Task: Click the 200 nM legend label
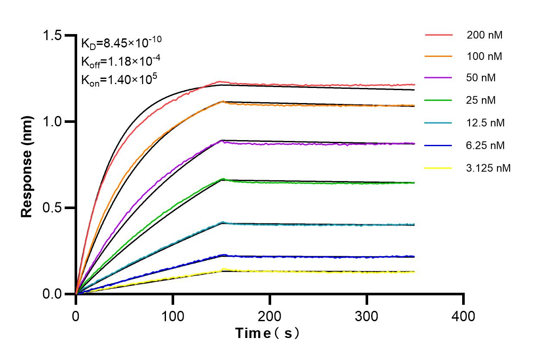coord(485,35)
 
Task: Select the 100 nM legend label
coord(485,56)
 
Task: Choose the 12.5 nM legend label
coord(485,123)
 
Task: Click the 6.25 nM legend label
coord(485,145)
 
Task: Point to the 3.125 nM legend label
coord(488,168)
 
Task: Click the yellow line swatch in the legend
coord(438,168)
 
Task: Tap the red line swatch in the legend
coord(438,34)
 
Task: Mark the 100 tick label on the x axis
coord(172,316)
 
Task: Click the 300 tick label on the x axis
coord(366,316)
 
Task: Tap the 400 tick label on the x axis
coord(463,316)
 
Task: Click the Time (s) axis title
coord(267,333)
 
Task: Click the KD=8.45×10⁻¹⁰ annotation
coord(122,43)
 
